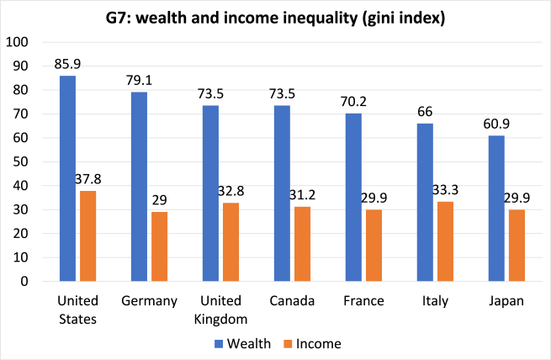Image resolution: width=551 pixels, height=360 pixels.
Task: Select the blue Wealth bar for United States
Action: point(67,178)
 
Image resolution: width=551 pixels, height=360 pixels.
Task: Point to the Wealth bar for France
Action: point(353,197)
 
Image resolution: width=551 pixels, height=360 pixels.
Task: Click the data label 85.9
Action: point(67,62)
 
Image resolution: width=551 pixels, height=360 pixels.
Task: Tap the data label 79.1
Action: point(140,79)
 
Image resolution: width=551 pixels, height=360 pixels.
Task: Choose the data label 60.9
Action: point(497,123)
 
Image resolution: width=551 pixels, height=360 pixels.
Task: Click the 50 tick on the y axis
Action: point(20,161)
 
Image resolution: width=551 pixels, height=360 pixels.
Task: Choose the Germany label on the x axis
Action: point(151,300)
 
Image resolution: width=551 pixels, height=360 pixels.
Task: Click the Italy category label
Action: point(434,300)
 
